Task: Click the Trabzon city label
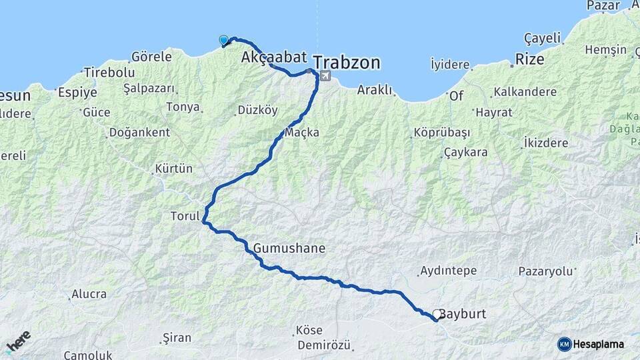pos(347,63)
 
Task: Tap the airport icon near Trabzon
pos(325,75)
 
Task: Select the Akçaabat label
pos(269,57)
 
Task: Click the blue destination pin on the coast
pos(223,40)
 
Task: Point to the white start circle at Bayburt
pos(437,314)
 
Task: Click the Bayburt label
pos(465,313)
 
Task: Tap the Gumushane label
pos(289,248)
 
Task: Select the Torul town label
pos(185,216)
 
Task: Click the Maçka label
pos(302,132)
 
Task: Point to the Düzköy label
pos(257,110)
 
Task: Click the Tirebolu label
pos(109,73)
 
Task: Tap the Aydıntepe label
pos(448,271)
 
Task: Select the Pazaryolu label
pos(546,271)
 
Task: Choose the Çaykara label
pos(465,152)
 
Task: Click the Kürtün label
pos(173,167)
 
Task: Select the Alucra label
pos(89,294)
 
